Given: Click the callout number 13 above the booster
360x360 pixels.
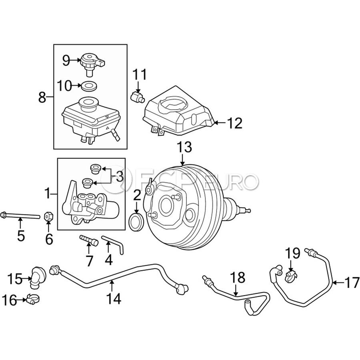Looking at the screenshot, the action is [x=184, y=147].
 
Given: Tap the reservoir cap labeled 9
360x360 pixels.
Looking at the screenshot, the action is [x=92, y=64].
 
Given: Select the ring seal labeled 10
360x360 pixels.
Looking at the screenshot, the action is [x=89, y=86].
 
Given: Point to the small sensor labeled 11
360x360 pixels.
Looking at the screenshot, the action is [x=138, y=96].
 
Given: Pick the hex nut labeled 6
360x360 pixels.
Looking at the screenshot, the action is [x=49, y=216].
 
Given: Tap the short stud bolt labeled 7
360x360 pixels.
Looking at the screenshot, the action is [x=89, y=240].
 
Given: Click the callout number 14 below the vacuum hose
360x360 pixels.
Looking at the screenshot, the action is [x=114, y=299].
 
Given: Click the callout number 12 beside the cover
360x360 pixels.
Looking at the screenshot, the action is [x=235, y=123].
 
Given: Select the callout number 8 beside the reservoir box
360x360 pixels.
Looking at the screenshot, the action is [x=42, y=98].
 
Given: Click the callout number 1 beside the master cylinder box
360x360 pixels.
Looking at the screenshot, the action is [x=48, y=193].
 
